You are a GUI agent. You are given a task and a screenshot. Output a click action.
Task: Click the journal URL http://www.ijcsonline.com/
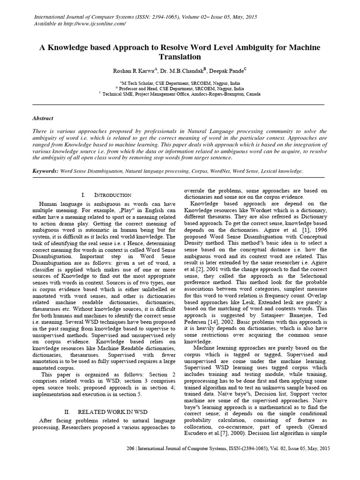point(96,24)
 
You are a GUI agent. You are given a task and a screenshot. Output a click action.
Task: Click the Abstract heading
point(43,119)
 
